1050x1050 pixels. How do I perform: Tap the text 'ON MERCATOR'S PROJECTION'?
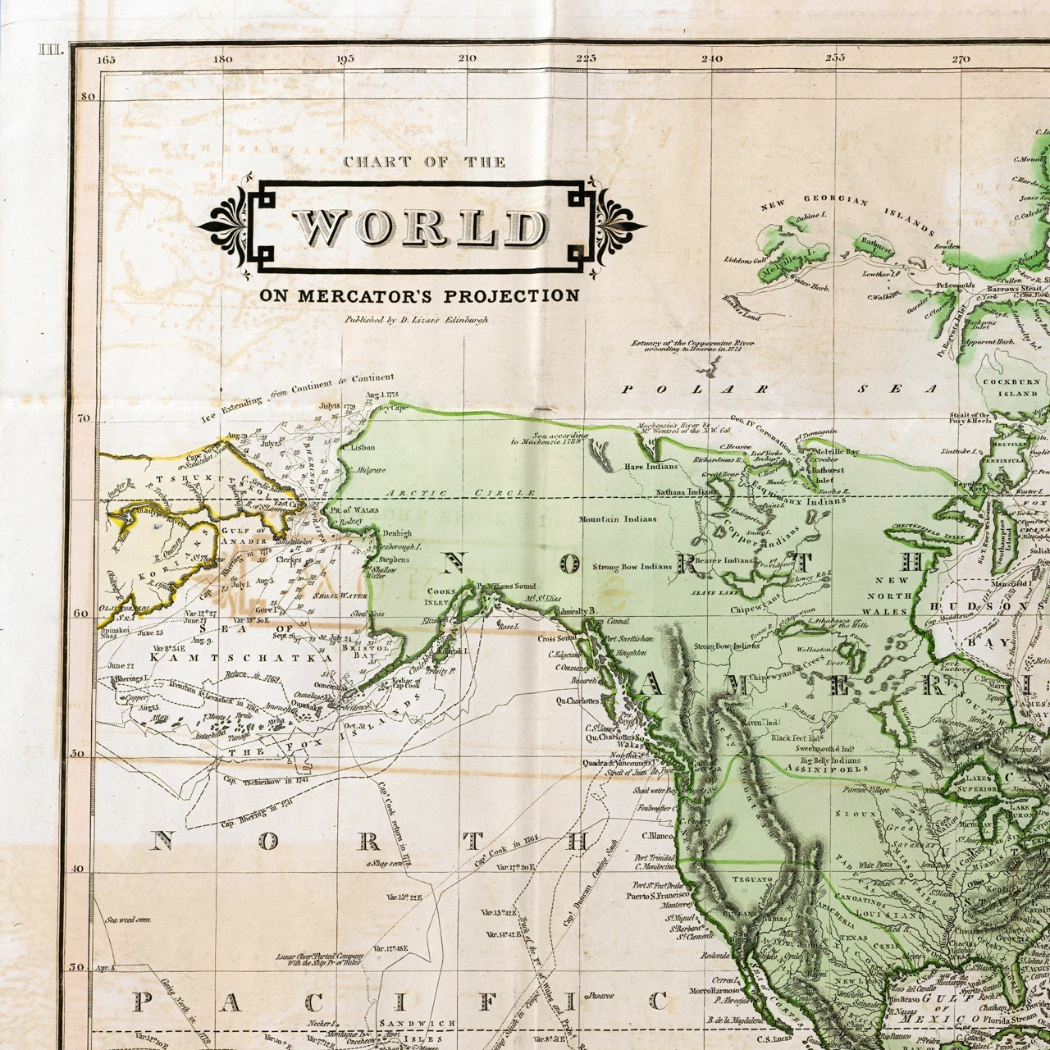click(x=419, y=296)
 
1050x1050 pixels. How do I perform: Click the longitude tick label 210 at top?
click(x=468, y=58)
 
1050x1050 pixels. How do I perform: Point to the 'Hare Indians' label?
click(x=651, y=466)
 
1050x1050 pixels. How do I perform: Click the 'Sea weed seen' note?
click(x=128, y=920)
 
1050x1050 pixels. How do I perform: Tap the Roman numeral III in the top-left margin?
click(x=51, y=50)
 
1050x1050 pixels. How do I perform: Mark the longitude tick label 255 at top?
click(x=835, y=58)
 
